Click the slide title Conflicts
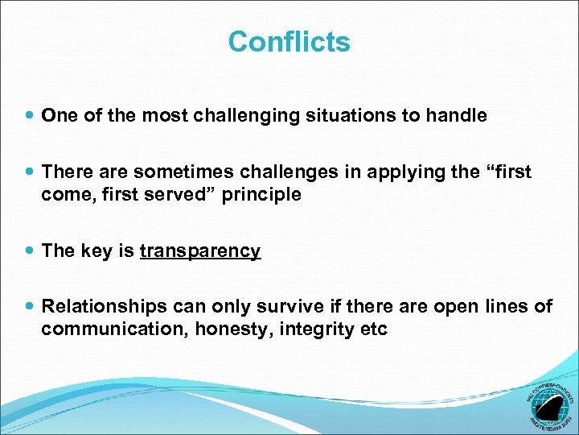pos(289,41)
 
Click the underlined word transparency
pos(200,251)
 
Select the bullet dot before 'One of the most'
pos(31,116)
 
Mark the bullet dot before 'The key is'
pos(31,251)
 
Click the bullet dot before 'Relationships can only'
pos(31,307)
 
